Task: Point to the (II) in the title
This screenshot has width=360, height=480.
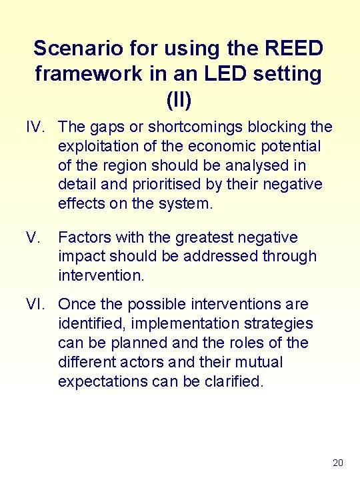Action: point(179,99)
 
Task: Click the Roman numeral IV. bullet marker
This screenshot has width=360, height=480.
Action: point(37,127)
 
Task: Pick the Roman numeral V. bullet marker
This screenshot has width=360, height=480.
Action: point(34,237)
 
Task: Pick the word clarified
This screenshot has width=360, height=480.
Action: point(233,382)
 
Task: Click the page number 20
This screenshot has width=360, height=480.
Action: point(337,463)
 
